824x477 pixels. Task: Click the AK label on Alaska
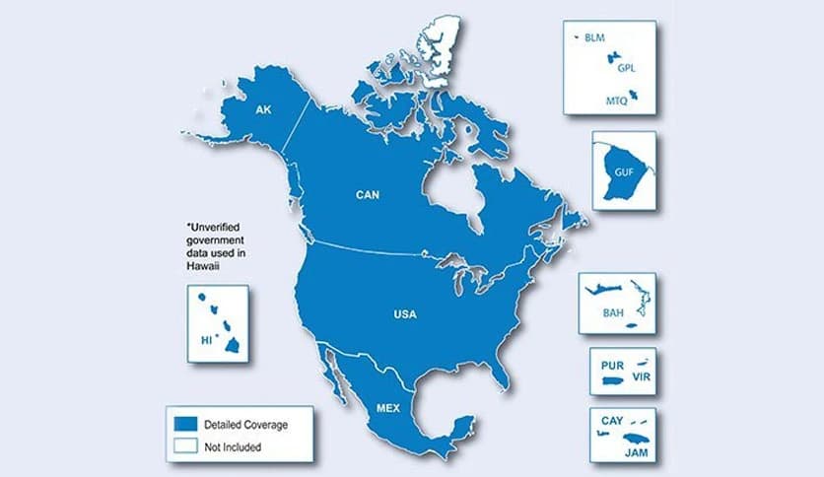click(x=262, y=109)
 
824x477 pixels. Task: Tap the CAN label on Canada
click(x=368, y=195)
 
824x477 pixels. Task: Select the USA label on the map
click(x=404, y=314)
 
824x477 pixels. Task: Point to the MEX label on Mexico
click(x=388, y=406)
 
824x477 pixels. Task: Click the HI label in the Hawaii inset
click(x=206, y=339)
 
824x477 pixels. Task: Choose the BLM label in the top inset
click(x=594, y=38)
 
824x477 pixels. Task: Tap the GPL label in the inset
click(x=626, y=69)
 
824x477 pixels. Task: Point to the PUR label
click(x=612, y=365)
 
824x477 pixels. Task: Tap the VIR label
click(x=642, y=377)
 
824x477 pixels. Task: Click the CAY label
click(x=611, y=421)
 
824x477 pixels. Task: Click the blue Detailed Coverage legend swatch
click(x=186, y=423)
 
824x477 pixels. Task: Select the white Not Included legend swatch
click(x=186, y=444)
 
